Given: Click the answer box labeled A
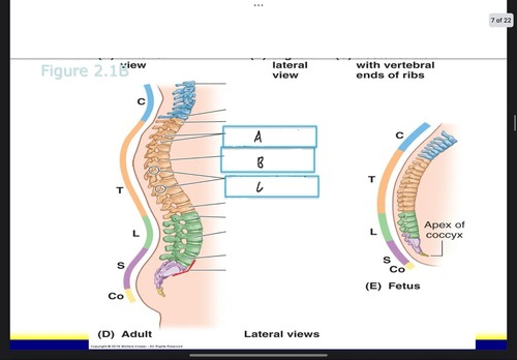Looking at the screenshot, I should [270, 136].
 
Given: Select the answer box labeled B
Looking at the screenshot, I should [268, 161].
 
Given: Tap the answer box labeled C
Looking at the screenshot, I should [272, 186].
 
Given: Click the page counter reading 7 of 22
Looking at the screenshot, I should [501, 20].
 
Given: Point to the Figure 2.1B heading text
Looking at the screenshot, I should [84, 71].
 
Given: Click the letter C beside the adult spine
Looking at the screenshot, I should [141, 102].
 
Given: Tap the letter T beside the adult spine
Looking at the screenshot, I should [120, 190].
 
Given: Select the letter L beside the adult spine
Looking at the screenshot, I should [135, 234].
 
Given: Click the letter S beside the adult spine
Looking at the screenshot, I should [121, 266].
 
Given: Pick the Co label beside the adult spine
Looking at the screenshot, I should [116, 296].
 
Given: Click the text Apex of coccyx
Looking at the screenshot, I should [444, 230].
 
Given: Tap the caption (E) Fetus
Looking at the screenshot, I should [392, 286].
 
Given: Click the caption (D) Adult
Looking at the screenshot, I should [125, 334].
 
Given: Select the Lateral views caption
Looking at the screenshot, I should [281, 334].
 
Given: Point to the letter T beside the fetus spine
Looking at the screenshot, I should [372, 179].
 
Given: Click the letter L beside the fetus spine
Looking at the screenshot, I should [373, 232].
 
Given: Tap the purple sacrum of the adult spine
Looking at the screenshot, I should [167, 271].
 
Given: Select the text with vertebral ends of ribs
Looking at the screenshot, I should [395, 70].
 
